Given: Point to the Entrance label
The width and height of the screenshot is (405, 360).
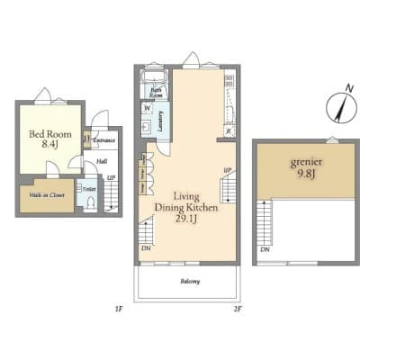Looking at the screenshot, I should pos(103,140).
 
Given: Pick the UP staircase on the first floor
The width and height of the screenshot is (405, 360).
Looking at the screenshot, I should pos(111,194).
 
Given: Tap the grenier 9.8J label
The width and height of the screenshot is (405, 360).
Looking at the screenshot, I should pos(305,169).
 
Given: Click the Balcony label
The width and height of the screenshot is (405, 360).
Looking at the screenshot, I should pos(189,282).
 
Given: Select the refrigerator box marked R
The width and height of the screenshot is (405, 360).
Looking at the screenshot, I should pos(229,131).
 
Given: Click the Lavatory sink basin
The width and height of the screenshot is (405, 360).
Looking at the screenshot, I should pos(147,127).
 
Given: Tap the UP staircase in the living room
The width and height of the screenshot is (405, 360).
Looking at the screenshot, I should pos(229,187).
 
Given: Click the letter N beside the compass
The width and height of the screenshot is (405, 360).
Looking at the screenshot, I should pos(350,89).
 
